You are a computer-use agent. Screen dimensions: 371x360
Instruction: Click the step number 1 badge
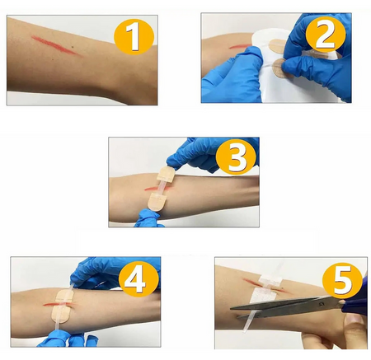(134, 36)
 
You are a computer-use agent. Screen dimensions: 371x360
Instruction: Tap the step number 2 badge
(326, 34)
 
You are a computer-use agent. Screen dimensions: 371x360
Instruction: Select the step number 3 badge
(236, 157)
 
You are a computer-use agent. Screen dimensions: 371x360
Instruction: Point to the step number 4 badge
(139, 279)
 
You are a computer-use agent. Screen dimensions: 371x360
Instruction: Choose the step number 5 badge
(342, 281)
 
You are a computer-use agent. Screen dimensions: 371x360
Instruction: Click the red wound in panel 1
(56, 45)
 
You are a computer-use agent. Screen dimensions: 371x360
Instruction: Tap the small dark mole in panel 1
(73, 47)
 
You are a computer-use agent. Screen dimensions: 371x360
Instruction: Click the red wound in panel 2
(240, 47)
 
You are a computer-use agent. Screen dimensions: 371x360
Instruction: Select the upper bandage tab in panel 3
(166, 174)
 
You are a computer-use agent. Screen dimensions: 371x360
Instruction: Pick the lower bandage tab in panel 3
(156, 202)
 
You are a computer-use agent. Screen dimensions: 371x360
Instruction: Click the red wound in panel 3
(157, 189)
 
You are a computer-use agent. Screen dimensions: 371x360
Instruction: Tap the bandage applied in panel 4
(63, 306)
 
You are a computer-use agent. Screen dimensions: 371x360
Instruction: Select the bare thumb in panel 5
(353, 320)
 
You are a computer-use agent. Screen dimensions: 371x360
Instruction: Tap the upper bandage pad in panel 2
(278, 46)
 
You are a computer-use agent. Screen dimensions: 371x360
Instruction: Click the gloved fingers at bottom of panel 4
(68, 339)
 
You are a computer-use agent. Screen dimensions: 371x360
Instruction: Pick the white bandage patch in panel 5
(265, 289)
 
